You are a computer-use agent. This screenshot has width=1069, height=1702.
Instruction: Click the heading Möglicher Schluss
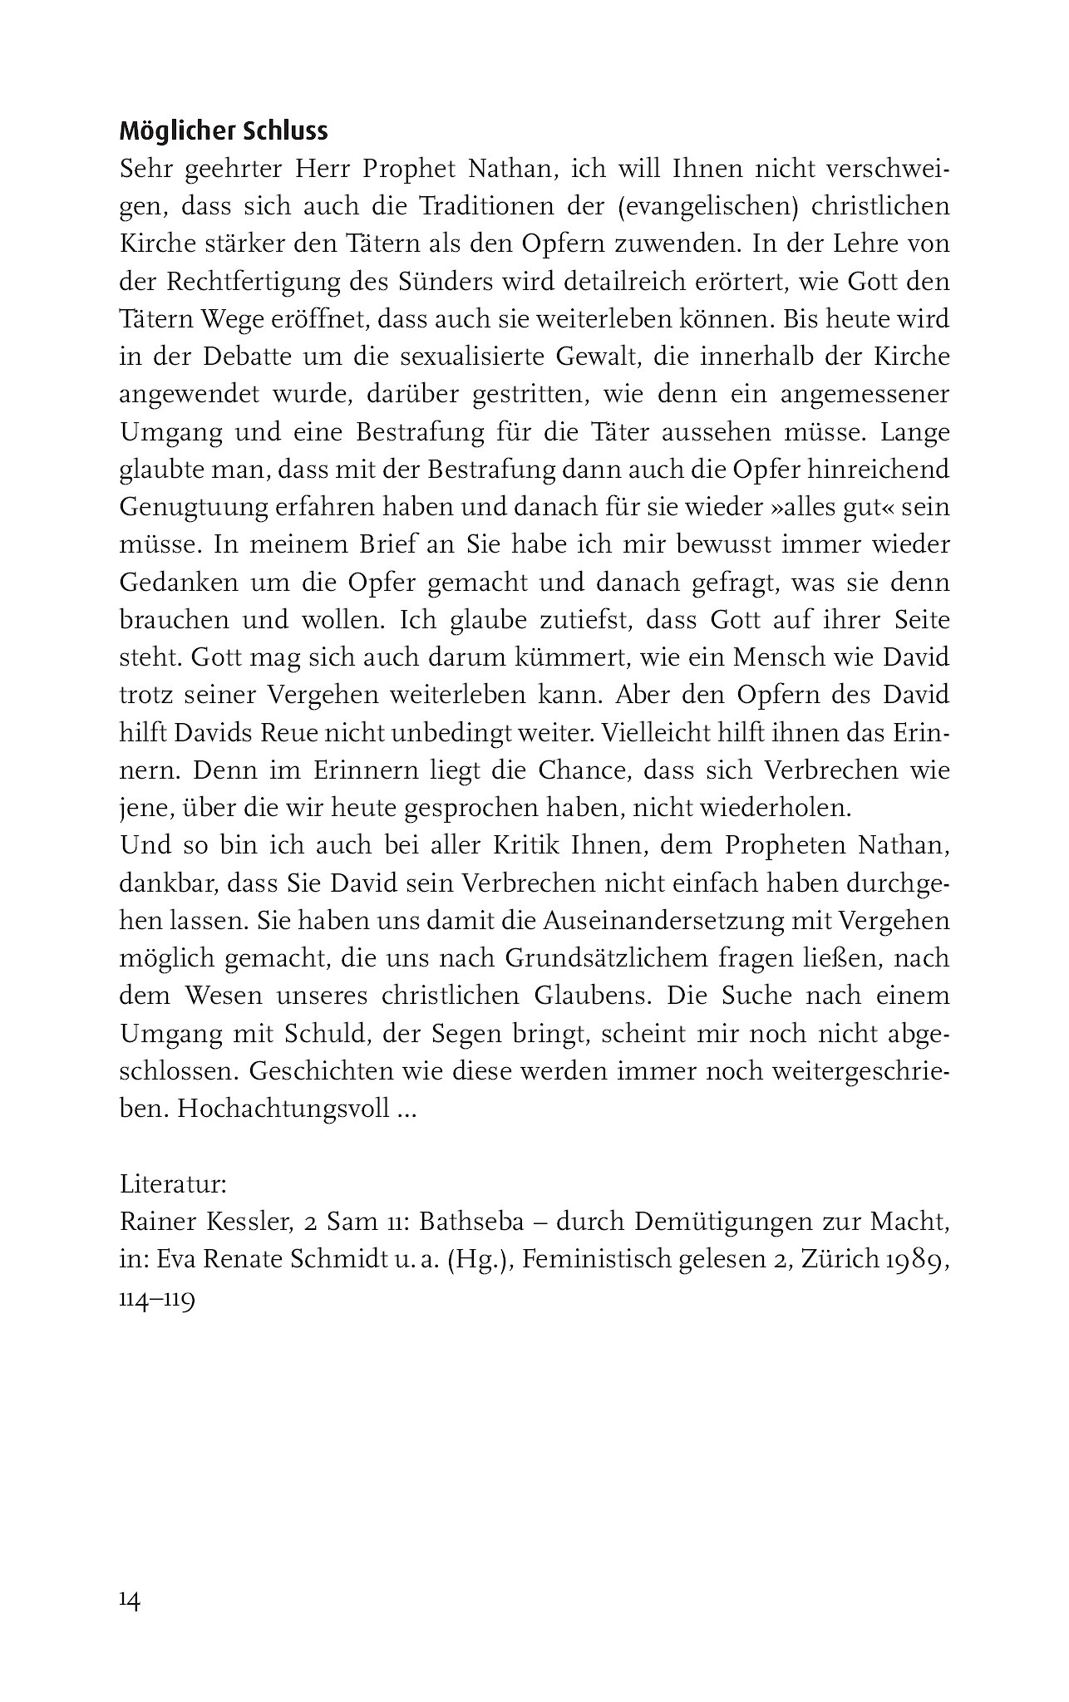(224, 131)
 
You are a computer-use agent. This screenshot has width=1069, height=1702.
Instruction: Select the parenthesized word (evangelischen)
(707, 206)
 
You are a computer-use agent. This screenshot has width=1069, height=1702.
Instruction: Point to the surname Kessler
(244, 1222)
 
